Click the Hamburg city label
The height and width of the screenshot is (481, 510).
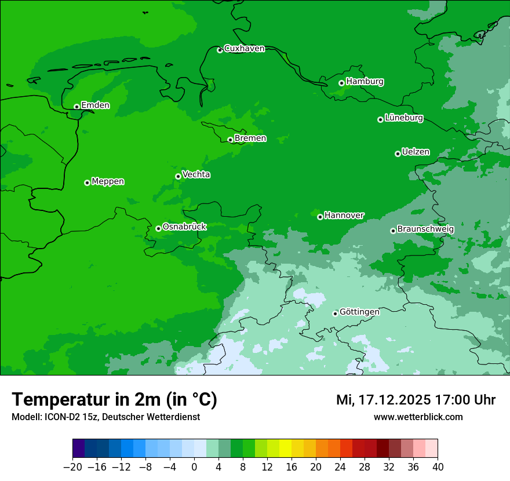tap(365, 82)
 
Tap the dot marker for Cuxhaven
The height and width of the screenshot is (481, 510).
tap(220, 50)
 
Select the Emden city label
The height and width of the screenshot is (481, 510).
tap(95, 105)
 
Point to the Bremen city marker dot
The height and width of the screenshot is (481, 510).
tap(230, 140)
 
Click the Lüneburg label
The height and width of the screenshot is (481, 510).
tap(403, 118)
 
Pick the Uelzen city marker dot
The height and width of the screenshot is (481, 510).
tap(398, 154)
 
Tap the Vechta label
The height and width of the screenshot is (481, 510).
tap(196, 174)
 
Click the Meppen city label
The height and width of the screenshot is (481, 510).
tap(108, 181)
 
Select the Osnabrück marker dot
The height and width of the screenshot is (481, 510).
tap(158, 228)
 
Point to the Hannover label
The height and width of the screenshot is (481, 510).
tap(344, 216)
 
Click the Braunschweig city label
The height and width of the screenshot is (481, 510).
tap(425, 229)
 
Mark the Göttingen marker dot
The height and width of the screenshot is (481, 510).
tap(335, 314)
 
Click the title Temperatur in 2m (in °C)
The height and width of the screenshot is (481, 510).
tap(114, 400)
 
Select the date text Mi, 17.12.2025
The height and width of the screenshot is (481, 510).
tap(382, 400)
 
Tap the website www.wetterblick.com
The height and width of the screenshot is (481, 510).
tap(418, 417)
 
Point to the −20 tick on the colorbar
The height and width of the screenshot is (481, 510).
tap(72, 467)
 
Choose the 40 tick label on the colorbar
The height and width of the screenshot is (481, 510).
tap(438, 467)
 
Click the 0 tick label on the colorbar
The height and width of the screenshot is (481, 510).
tap(194, 467)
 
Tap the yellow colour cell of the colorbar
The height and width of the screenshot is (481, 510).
tap(285, 449)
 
